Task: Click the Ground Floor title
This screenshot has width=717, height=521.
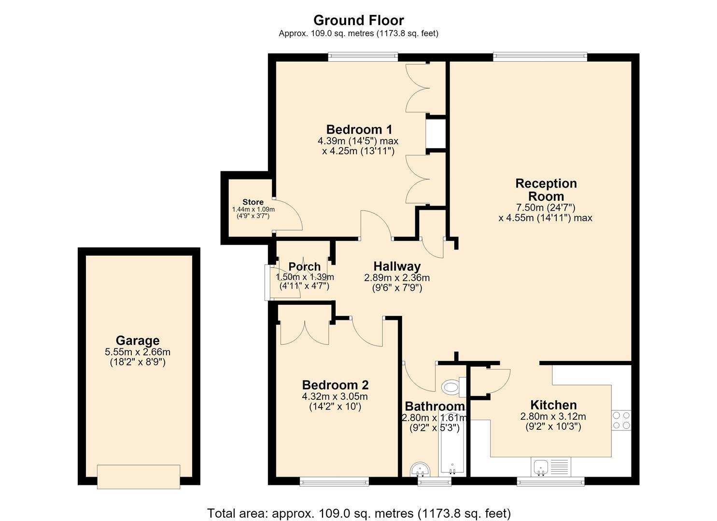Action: pos(358,20)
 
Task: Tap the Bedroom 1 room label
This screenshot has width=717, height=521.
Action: pos(359,130)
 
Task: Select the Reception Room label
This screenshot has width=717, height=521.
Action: pos(546,190)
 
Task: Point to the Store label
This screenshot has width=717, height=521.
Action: pos(253,202)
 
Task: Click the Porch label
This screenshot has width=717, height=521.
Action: pos(304,266)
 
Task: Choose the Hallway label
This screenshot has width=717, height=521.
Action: pos(397,266)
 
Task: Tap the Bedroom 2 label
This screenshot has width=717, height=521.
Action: pos(335,385)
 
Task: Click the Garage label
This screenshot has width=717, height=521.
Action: pos(138,341)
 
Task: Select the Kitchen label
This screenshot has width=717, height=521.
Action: pos(553,405)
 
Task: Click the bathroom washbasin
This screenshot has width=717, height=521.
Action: pos(421,469)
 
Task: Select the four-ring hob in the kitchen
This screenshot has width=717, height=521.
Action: pos(621,420)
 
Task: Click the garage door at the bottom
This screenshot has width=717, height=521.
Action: pos(139,477)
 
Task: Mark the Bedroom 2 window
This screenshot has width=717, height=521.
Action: pos(334,481)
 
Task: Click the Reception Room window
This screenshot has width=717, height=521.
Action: pos(540,57)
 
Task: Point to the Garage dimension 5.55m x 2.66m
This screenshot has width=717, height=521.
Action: pos(138,352)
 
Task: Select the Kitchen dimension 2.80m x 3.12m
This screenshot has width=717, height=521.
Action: pos(553,416)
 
